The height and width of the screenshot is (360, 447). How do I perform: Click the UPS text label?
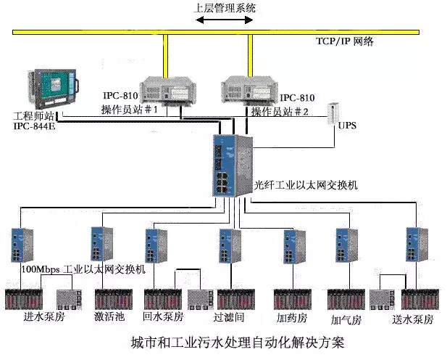(346, 126)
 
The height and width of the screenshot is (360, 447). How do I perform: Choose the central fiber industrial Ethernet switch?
(231, 165)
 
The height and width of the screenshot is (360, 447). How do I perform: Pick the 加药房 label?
(292, 318)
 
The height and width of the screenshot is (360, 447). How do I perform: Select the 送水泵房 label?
(414, 319)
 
